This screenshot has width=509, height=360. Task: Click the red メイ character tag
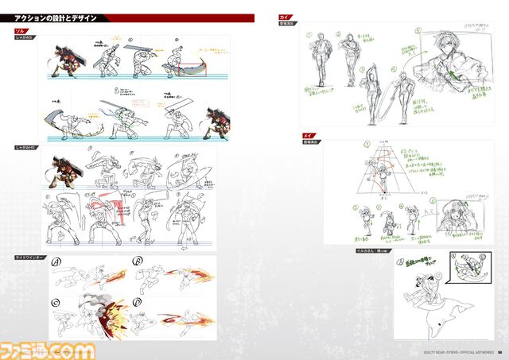pyautogui.click(x=308, y=137)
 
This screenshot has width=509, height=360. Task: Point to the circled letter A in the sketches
pyautogui.click(x=57, y=265)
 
